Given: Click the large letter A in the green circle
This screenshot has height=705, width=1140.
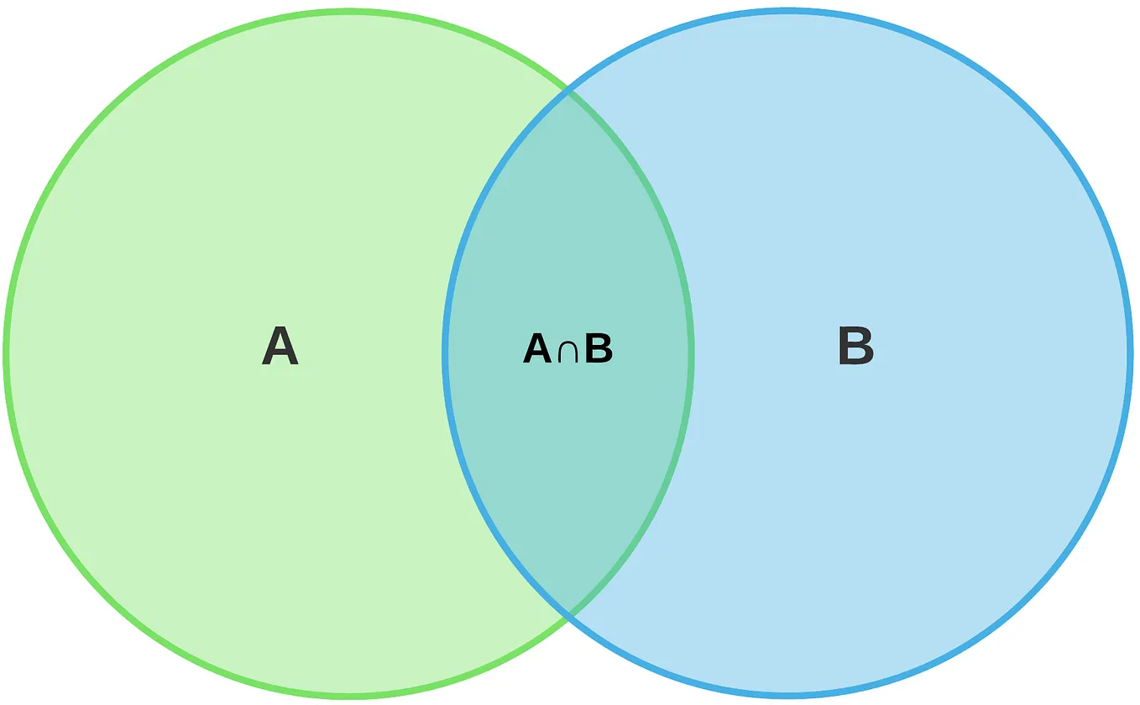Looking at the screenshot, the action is pos(280,346).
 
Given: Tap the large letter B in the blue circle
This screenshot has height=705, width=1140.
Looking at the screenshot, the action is pos(855,346).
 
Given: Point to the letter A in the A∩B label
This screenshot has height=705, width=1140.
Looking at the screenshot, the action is pos(537,348).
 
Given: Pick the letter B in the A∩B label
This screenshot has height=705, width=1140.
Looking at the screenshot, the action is pos(599,348).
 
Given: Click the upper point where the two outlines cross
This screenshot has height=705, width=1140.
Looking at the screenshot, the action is pos(568,91).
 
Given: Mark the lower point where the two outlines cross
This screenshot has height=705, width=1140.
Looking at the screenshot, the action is pos(568,616).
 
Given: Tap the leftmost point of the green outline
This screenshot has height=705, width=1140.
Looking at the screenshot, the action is pos(7,353).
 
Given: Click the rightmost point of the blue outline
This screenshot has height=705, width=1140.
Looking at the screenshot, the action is pos(1129,353).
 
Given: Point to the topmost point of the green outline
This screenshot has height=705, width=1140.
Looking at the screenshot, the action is pos(349,11).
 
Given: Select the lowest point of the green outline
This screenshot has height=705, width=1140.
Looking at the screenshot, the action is pos(349,695).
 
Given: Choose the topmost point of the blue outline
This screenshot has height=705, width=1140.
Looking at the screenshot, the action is pos(787,11).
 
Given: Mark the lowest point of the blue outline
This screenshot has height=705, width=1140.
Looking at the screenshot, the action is pos(787,695).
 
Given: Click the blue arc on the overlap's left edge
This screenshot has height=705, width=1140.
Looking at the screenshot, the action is pos(445,353).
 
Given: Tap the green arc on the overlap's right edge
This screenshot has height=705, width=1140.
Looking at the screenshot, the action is pos(691,353).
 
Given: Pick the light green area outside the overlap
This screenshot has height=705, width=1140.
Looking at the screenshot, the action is pos(210,210).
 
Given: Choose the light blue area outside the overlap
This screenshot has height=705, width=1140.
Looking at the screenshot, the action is pos(923,210).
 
